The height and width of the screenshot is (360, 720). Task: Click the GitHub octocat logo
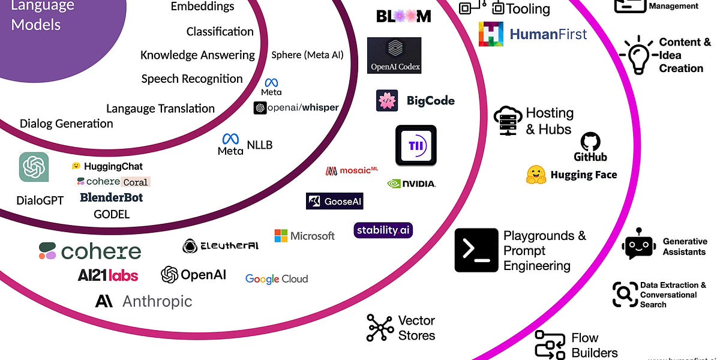591,143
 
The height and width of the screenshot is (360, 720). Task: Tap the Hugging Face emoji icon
536,175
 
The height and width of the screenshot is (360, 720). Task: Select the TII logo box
416,145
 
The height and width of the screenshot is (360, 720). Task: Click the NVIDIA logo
411,184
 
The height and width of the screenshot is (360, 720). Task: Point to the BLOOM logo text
403,16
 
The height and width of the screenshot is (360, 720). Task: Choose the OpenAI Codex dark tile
394,55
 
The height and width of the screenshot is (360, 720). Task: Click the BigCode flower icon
387,100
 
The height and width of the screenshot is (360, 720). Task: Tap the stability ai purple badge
383,230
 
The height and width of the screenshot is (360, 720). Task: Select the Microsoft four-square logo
281,236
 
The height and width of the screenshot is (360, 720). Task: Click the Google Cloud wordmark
277,279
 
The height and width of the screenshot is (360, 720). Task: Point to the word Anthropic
157,301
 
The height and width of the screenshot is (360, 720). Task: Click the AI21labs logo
108,275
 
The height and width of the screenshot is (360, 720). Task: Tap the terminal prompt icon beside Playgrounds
476,250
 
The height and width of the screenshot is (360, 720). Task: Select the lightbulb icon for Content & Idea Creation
637,55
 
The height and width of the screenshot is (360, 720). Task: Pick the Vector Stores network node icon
380,328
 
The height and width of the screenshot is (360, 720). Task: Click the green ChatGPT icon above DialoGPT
34,167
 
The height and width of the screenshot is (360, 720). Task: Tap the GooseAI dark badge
334,201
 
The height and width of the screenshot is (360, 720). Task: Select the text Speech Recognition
192,79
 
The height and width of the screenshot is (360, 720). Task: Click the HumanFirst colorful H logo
491,34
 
